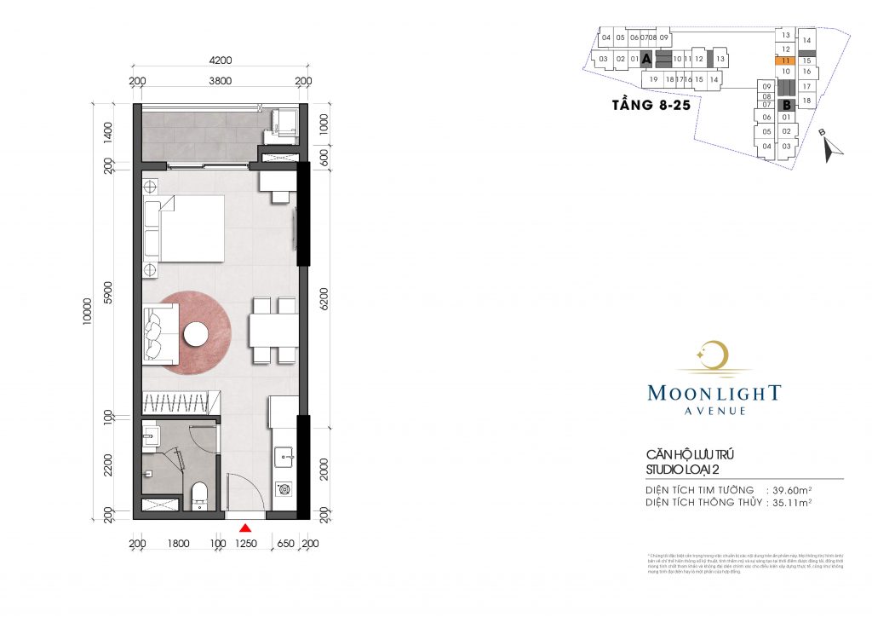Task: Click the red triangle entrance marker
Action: click(x=244, y=528)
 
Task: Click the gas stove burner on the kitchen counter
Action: click(x=284, y=490)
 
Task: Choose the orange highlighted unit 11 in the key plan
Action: click(x=786, y=61)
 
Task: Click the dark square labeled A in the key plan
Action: click(x=646, y=59)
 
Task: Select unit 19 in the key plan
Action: click(x=653, y=79)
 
